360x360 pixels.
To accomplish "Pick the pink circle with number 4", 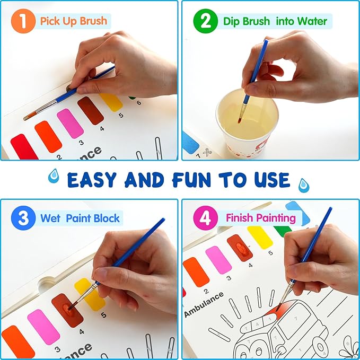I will point(205,218).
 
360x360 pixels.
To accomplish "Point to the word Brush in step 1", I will point(92,22).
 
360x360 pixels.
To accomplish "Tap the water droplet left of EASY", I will point(54,177).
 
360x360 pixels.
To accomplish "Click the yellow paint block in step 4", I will point(260,237).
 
